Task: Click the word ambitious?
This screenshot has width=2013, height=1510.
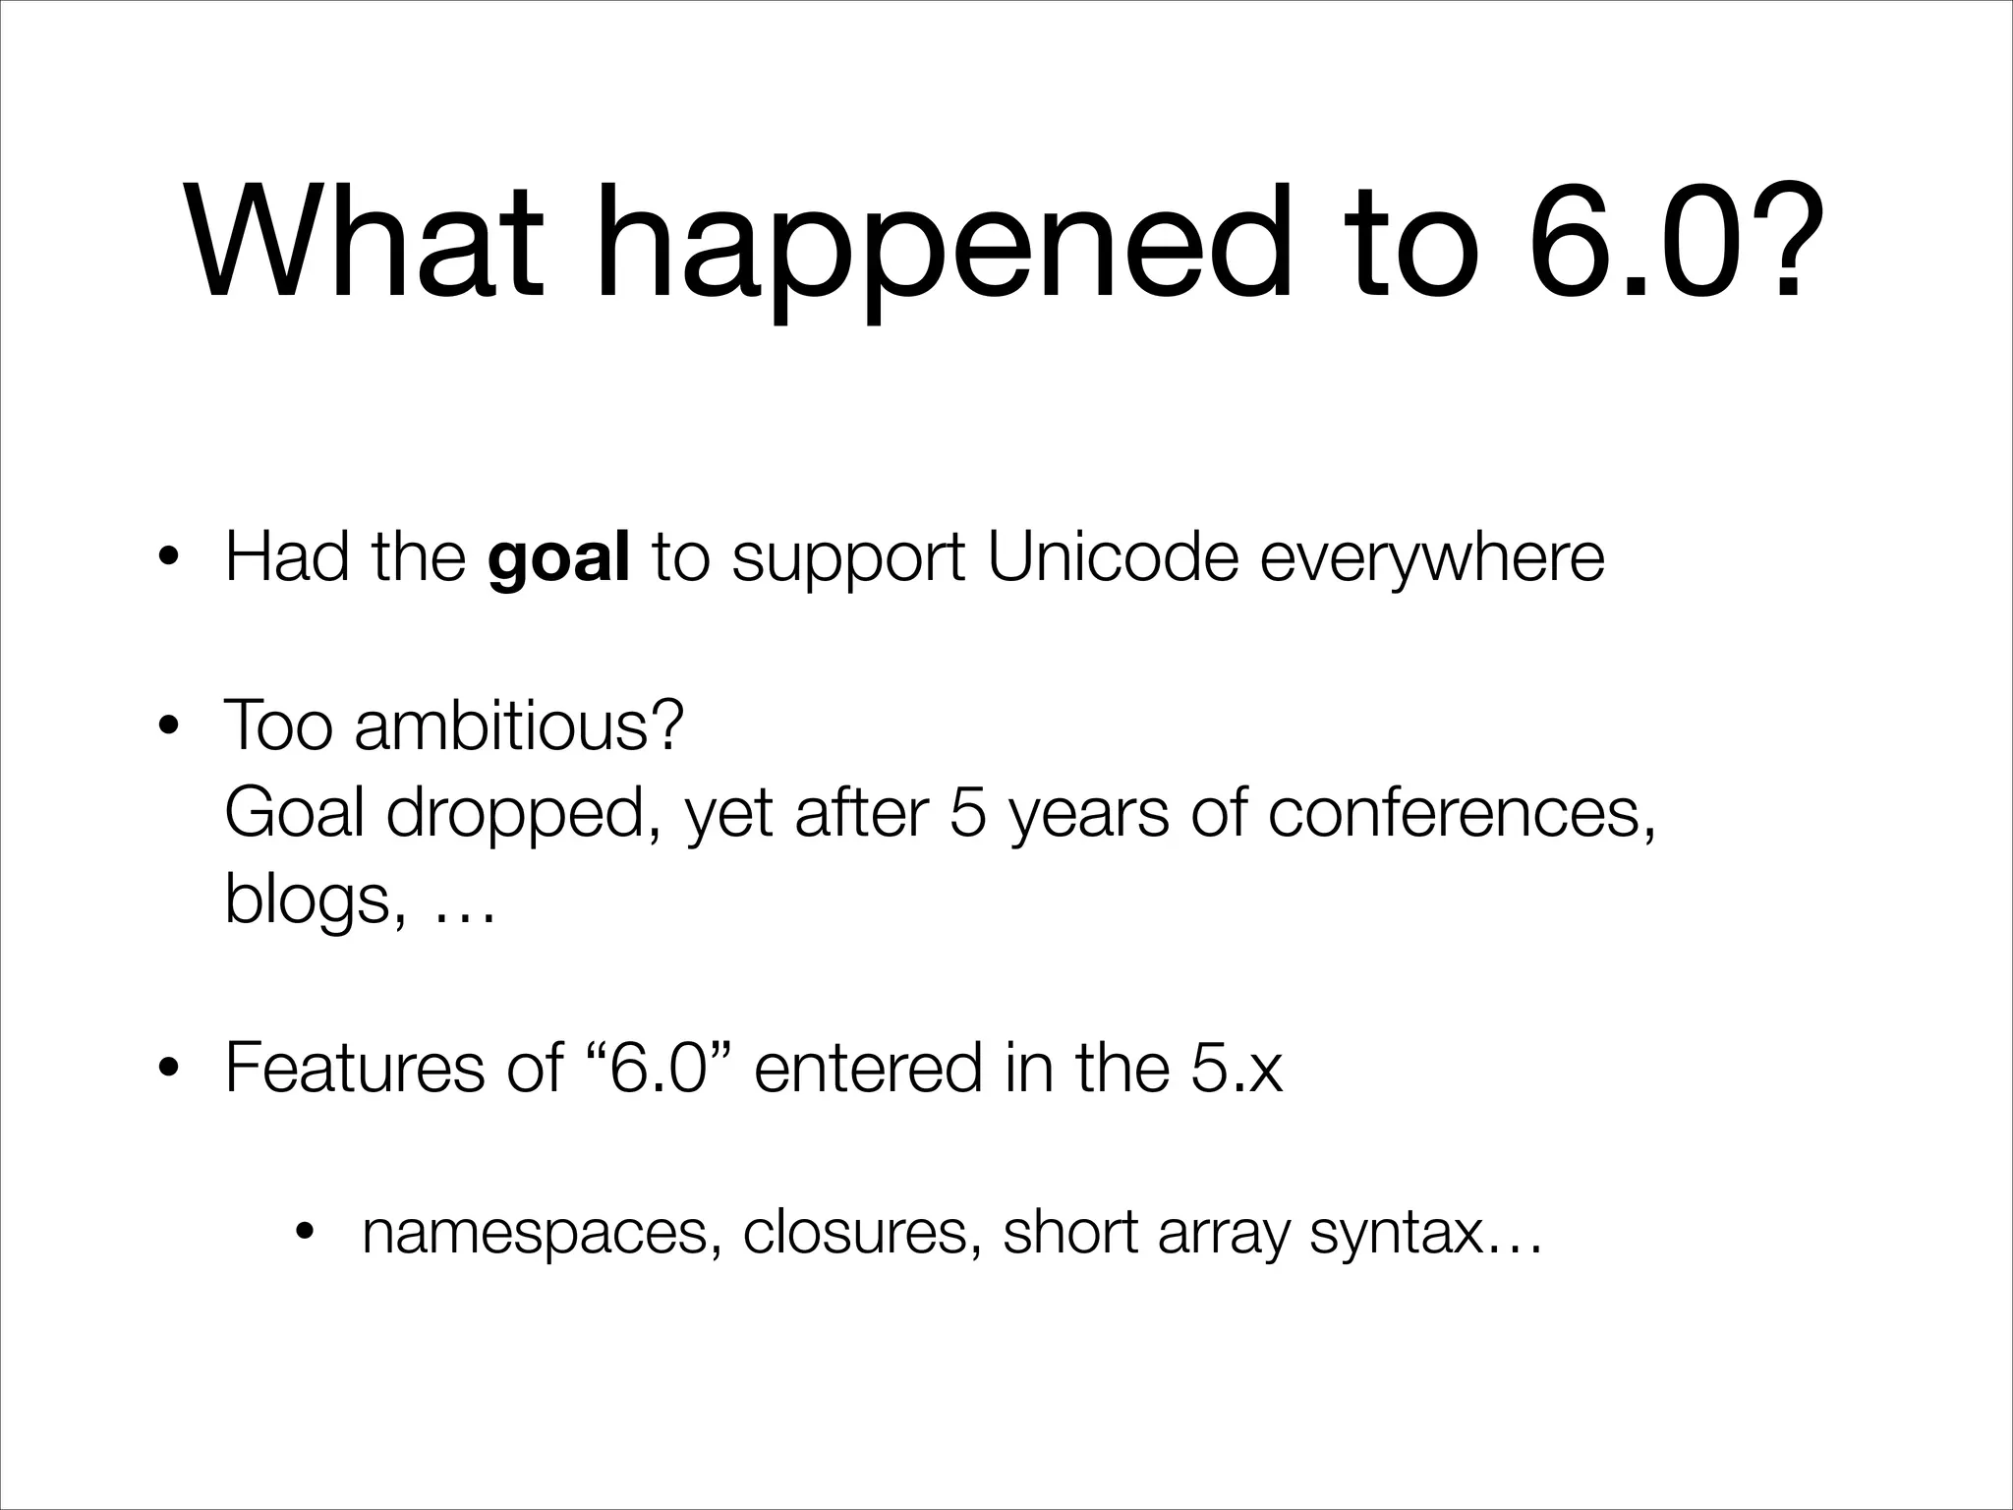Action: [518, 725]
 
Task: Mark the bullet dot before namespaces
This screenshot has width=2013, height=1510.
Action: [307, 1233]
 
